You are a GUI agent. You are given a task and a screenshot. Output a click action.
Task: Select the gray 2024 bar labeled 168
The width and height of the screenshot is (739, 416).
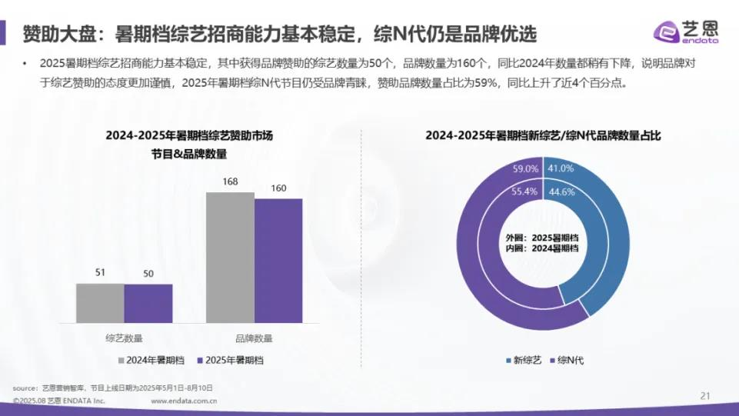click(x=230, y=257)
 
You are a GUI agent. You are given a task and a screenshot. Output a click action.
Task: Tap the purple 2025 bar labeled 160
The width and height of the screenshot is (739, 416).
click(x=278, y=260)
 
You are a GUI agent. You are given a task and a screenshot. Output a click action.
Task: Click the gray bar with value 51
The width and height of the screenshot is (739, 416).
click(x=100, y=303)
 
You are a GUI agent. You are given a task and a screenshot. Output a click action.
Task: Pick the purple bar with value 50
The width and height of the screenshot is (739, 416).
click(x=148, y=303)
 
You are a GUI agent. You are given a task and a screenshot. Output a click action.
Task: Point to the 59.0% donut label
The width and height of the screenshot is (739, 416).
click(x=526, y=168)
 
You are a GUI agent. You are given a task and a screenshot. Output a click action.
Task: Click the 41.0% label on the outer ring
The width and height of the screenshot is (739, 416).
click(x=561, y=168)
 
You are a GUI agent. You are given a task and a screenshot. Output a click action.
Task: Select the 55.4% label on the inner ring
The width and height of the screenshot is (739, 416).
click(x=525, y=192)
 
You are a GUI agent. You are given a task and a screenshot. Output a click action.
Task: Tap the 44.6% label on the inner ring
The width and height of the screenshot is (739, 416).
click(x=561, y=192)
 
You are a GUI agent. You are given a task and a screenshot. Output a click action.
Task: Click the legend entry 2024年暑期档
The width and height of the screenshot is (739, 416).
click(x=151, y=360)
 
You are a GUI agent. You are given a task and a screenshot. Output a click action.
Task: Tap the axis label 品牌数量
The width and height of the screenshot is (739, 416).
click(x=254, y=338)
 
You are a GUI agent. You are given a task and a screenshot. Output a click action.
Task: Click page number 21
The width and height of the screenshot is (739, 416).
click(x=704, y=396)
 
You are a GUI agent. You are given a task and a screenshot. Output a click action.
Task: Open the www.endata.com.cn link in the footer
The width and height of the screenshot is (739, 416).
click(x=184, y=401)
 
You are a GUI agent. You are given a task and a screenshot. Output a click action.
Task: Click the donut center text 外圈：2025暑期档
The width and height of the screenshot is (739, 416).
click(x=543, y=238)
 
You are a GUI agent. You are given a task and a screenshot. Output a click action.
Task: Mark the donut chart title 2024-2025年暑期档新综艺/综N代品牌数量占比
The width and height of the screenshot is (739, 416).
click(x=543, y=135)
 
